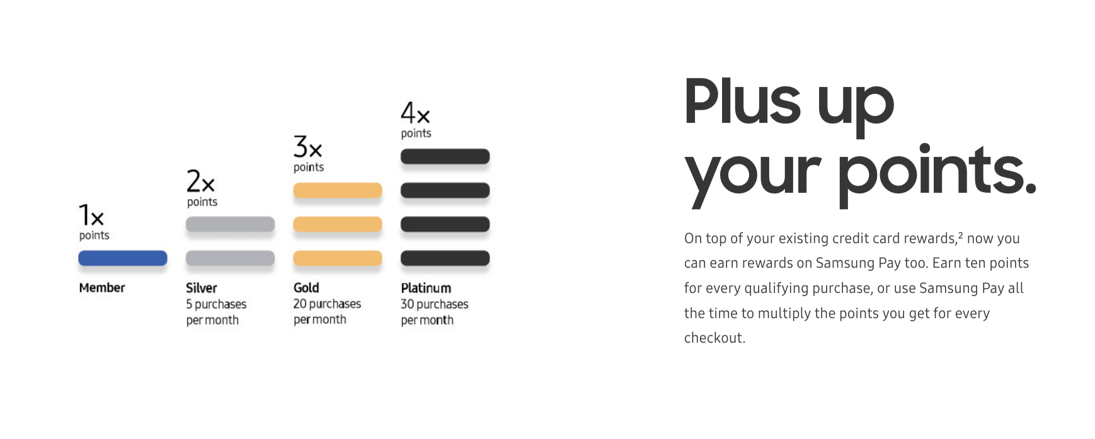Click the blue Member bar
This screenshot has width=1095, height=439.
coord(123,258)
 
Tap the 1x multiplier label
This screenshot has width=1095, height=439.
coord(91,215)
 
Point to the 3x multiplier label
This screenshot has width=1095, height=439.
coord(308,147)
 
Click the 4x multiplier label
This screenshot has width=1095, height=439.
coord(416,113)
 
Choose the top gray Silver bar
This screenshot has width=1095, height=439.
coord(230,224)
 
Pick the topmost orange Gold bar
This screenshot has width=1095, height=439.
coord(338,190)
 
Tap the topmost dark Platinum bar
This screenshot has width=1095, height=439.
coord(445,156)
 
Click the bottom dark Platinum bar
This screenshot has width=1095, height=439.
coord(445,258)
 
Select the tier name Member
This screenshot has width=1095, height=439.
coord(102,288)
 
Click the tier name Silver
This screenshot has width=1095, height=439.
coord(202,288)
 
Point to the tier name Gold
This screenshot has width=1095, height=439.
coord(306,288)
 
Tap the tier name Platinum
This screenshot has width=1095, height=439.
coord(426,288)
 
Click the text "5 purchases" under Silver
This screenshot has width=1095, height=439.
coord(216,304)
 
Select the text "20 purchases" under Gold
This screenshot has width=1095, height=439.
coord(327,304)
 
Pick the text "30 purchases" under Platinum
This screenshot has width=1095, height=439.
coord(435,304)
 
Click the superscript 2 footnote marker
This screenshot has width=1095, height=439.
coord(960,235)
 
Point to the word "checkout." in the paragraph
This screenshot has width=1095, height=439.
coord(714,338)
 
